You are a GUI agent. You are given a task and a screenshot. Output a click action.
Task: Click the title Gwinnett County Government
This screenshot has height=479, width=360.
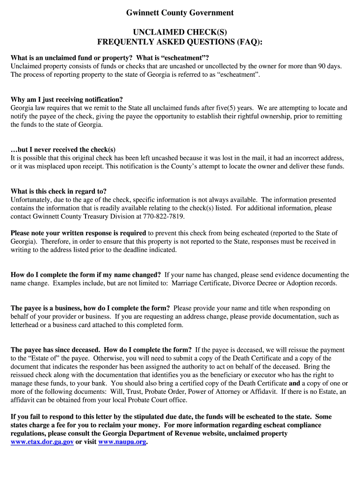click(x=180, y=13)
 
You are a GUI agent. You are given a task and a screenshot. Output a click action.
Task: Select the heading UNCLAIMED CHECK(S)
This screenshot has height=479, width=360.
click(x=180, y=32)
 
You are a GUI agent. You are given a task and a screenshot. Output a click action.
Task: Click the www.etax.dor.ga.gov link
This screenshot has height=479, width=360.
click(x=42, y=442)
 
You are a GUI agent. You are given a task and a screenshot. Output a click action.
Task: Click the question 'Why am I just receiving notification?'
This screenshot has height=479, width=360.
click(x=67, y=100)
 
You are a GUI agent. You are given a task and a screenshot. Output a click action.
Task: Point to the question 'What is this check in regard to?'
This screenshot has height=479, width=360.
click(x=58, y=191)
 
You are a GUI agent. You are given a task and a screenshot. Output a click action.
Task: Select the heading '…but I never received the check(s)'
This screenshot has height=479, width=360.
click(x=63, y=150)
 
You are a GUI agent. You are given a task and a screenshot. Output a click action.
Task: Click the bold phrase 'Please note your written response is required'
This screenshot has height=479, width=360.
click(x=79, y=233)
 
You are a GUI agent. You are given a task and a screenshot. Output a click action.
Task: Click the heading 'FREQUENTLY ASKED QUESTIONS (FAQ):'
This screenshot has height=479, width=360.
click(x=180, y=43)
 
